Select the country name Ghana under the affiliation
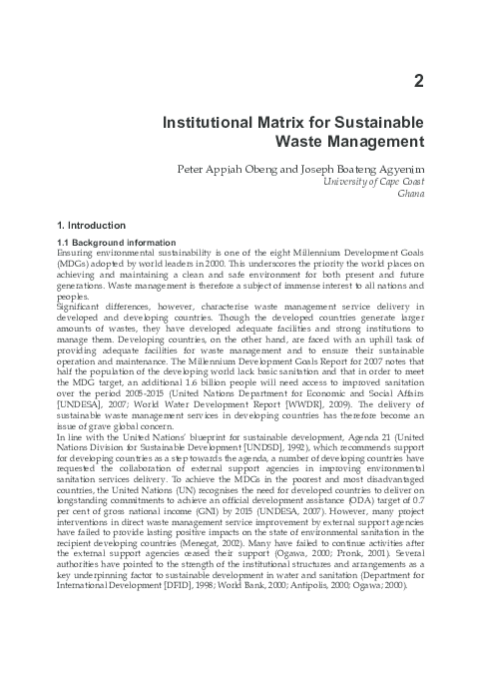410,197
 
